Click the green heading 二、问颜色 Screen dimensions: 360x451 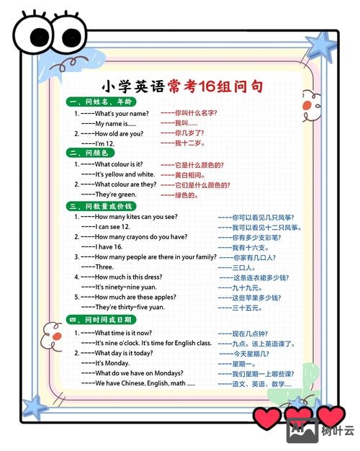89,153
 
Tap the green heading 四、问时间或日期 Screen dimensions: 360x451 99,319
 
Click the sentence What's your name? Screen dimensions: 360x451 122,114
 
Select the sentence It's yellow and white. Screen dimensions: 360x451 125,174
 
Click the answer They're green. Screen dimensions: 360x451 115,195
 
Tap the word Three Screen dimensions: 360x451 104,267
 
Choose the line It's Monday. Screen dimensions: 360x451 112,363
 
